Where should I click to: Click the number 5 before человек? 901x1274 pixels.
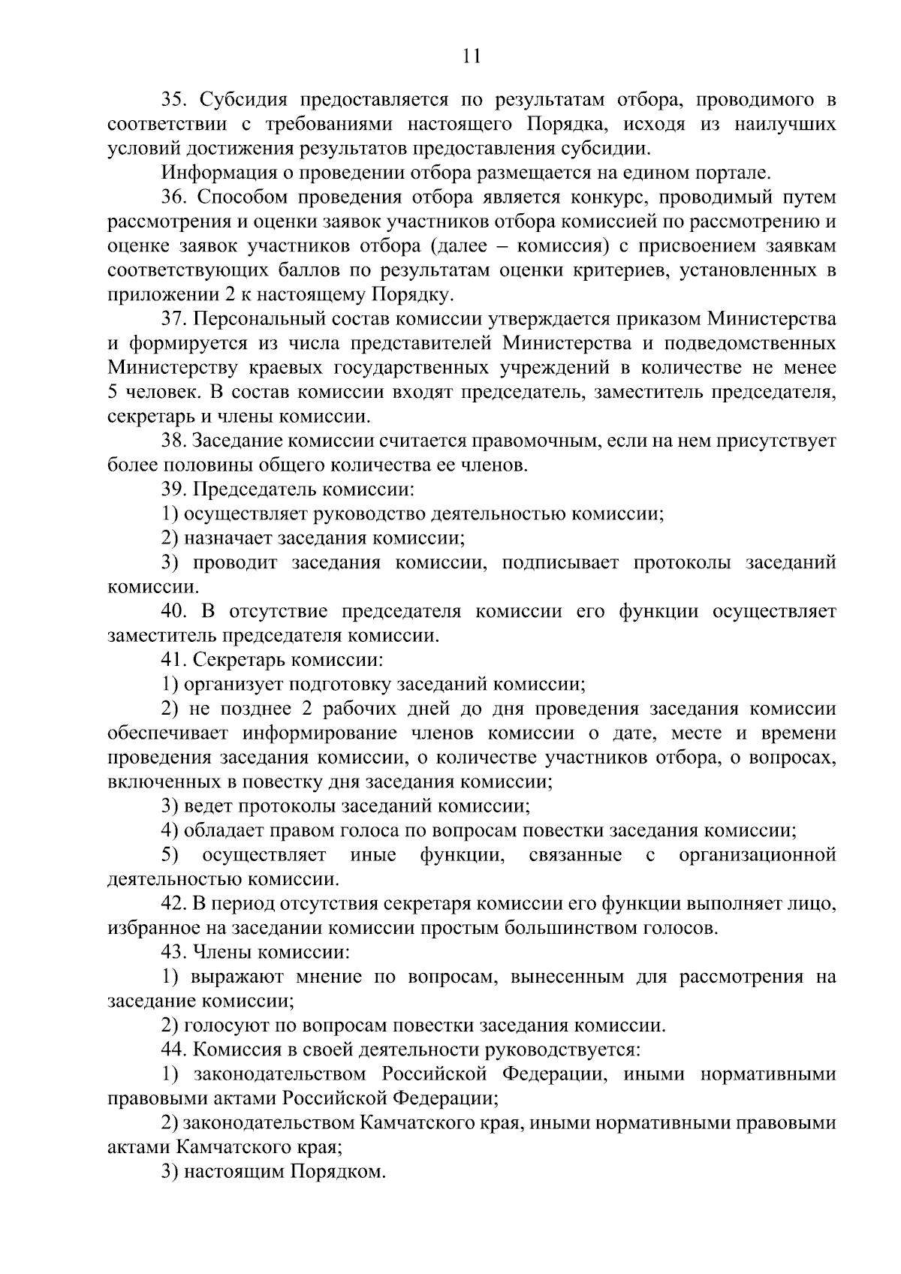tap(112, 392)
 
